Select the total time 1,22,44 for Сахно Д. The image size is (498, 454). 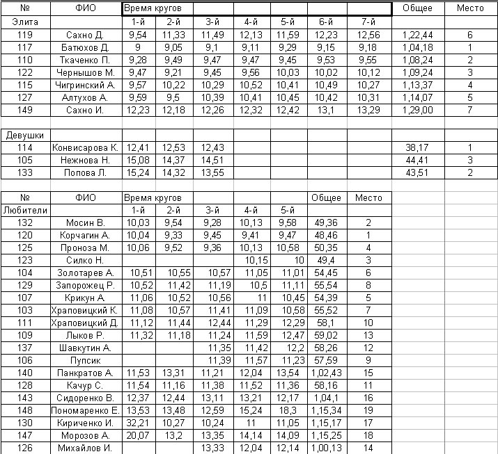pos(418,35)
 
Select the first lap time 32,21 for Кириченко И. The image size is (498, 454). pos(138,423)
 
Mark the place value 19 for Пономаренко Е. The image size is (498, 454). pos(368,410)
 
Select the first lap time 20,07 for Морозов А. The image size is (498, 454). pos(138,435)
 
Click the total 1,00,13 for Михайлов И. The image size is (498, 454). pos(326,448)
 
